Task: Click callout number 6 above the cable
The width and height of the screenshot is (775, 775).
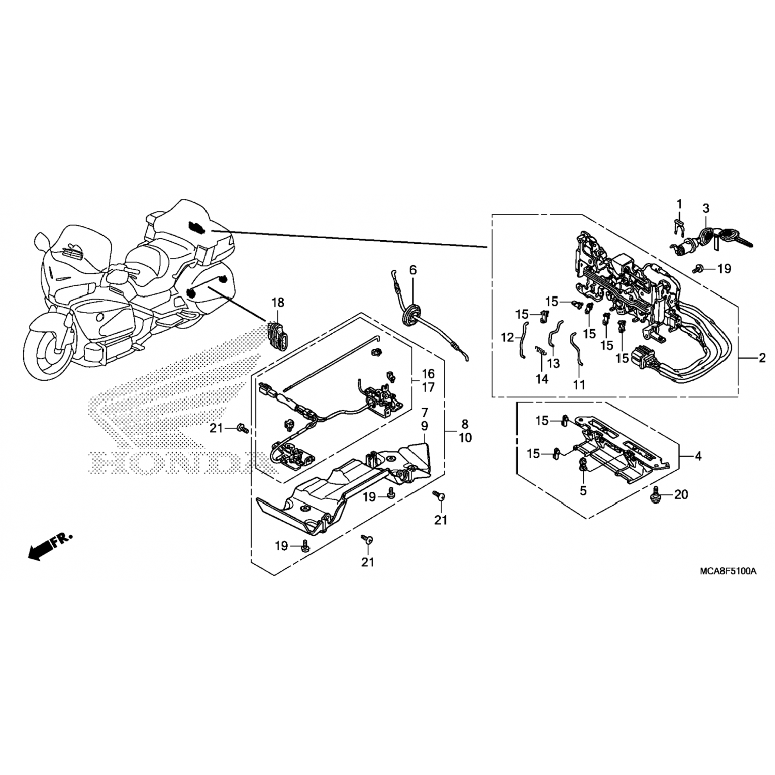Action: tap(412, 270)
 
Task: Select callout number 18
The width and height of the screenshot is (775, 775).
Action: tap(277, 302)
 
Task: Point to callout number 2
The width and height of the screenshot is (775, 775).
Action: tap(762, 358)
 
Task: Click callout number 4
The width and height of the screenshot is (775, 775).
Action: tap(698, 456)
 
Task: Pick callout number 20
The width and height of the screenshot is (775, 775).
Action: tap(681, 494)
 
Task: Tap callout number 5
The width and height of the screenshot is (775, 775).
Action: tap(583, 490)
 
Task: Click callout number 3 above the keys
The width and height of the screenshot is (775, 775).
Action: tap(705, 209)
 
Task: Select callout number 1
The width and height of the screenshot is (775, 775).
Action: tap(679, 204)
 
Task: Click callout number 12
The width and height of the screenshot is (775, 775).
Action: tap(507, 337)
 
